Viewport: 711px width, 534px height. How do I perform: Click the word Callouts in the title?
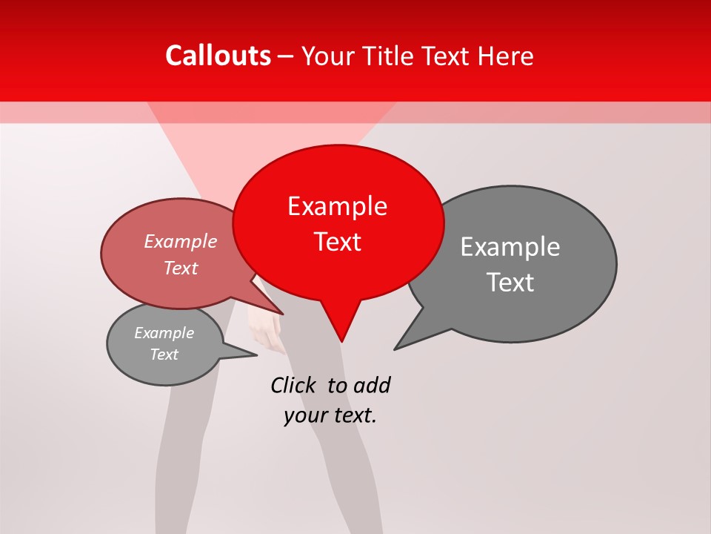point(218,56)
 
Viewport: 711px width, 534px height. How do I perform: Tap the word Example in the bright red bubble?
point(337,206)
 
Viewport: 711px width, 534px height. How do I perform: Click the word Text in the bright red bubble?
point(337,242)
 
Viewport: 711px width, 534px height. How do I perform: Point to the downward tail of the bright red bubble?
point(341,326)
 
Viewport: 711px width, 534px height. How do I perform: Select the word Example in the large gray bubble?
point(510,247)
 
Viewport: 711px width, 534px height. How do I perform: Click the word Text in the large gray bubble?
point(511,283)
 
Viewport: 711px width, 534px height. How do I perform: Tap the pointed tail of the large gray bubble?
point(404,343)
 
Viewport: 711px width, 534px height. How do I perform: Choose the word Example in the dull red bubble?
point(180,241)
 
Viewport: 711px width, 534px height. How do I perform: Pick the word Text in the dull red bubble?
point(180,268)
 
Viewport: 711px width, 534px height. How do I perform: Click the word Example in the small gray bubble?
point(164,333)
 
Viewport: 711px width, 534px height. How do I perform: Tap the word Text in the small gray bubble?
point(164,355)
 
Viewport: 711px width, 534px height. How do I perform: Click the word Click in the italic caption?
point(293,385)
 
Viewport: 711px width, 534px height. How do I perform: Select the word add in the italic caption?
point(372,385)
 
